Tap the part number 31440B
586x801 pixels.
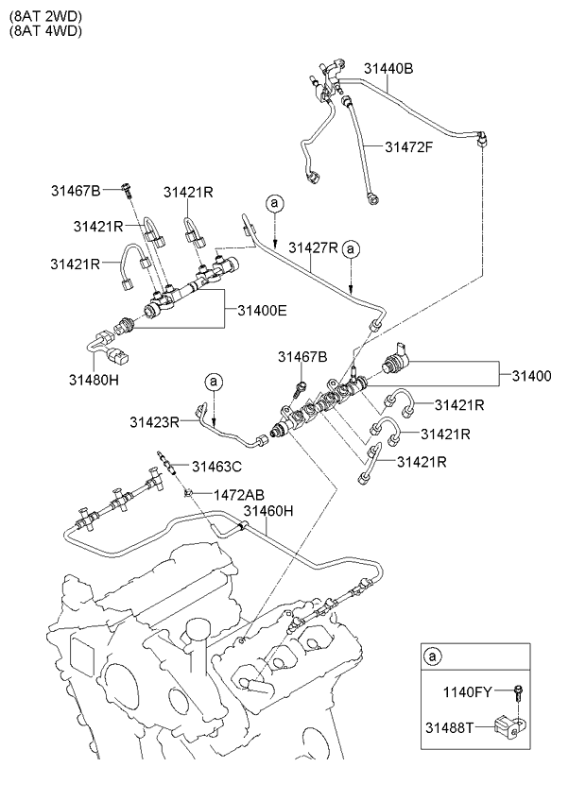point(388,67)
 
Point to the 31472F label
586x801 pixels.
point(409,146)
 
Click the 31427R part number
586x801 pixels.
point(313,247)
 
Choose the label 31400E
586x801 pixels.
point(262,309)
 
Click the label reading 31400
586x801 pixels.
point(532,375)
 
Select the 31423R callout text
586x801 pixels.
point(155,421)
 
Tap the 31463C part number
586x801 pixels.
point(217,466)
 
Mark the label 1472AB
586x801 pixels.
point(238,494)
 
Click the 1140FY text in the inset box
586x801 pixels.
point(468,693)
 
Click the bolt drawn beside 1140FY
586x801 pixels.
point(518,692)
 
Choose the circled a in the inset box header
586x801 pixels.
point(433,656)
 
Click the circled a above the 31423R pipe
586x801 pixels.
point(215,382)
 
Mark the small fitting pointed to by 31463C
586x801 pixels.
point(167,461)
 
